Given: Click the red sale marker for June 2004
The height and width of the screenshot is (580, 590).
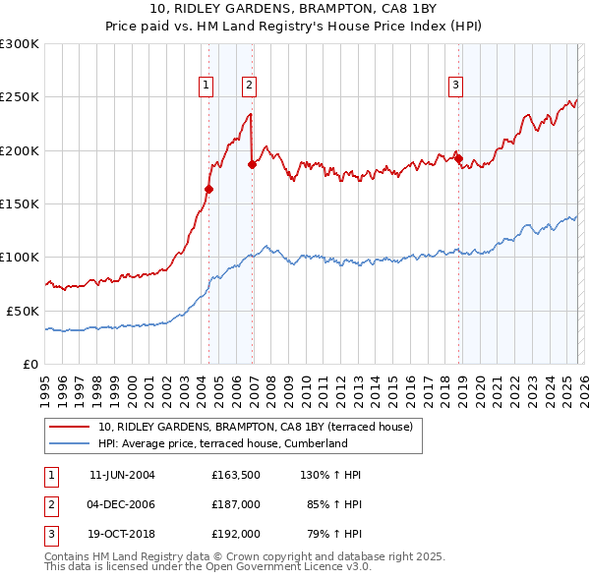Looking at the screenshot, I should pyautogui.click(x=208, y=189).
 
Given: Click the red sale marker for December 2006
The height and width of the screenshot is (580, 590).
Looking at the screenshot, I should pyautogui.click(x=252, y=164).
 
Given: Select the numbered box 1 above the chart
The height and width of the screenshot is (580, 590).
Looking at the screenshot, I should pyautogui.click(x=206, y=86).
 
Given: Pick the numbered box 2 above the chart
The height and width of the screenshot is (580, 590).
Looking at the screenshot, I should pyautogui.click(x=250, y=86).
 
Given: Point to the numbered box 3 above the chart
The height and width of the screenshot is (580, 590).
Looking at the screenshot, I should pyautogui.click(x=456, y=86).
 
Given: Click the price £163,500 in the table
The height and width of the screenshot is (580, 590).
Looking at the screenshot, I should pyautogui.click(x=236, y=475).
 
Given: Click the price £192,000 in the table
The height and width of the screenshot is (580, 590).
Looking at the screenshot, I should pyautogui.click(x=236, y=534).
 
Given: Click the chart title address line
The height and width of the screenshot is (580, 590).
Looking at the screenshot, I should pyautogui.click(x=294, y=12).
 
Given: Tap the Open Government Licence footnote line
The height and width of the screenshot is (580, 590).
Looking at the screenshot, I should pyautogui.click(x=207, y=568).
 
